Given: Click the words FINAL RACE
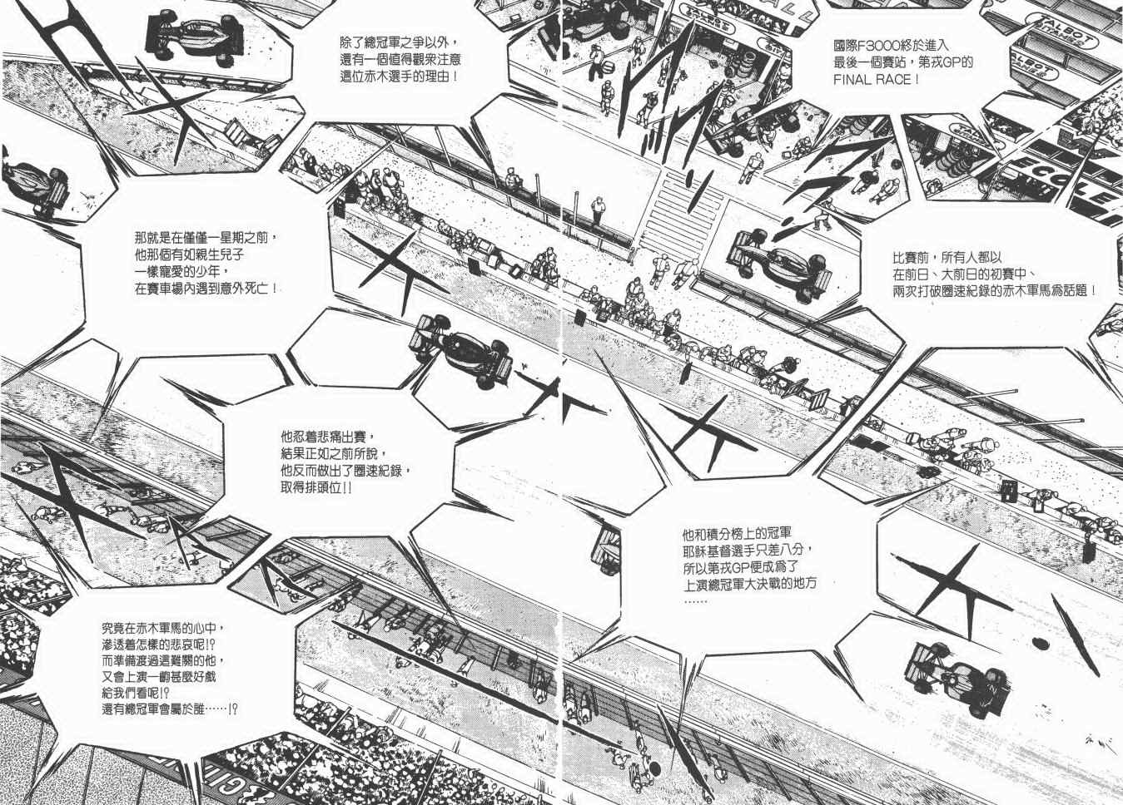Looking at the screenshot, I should pyautogui.click(x=876, y=80).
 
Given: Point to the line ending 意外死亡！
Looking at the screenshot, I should pyautogui.click(x=206, y=289).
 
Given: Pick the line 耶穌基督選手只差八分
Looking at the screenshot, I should pyautogui.click(x=747, y=551).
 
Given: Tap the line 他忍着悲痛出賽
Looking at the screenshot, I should pyautogui.click(x=328, y=437).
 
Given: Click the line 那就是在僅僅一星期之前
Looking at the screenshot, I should pyautogui.click(x=206, y=238).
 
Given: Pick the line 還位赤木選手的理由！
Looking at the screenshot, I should pyautogui.click(x=399, y=76).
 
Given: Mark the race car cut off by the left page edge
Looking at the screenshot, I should pyautogui.click(x=33, y=186).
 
